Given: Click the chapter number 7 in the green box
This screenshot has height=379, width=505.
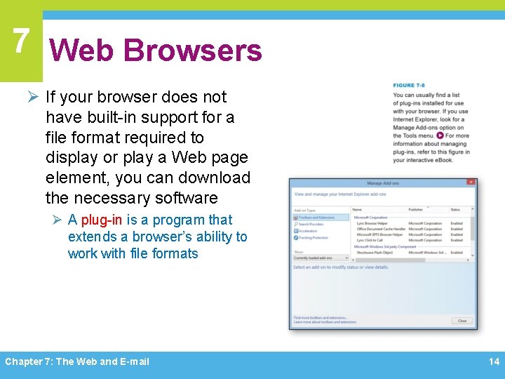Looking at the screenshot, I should click(x=20, y=40).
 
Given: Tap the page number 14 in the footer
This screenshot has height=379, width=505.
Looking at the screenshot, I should click(x=494, y=361).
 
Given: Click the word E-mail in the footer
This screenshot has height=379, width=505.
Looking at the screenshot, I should click(x=135, y=361).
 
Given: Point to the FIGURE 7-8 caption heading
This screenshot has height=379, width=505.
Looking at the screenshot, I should click(x=408, y=86).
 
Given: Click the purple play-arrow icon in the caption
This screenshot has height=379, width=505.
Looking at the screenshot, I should click(x=440, y=135).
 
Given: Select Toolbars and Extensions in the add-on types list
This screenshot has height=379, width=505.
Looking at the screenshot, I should click(x=317, y=218).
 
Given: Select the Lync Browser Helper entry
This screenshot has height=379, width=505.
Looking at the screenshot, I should click(x=372, y=223).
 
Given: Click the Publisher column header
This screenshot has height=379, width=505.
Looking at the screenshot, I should click(x=416, y=209).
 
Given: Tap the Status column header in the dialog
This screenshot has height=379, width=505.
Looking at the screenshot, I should click(x=455, y=209).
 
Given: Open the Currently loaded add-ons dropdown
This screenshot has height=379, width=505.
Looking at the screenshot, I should click(x=321, y=258).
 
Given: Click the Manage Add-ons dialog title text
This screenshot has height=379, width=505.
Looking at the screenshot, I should click(x=384, y=182).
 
